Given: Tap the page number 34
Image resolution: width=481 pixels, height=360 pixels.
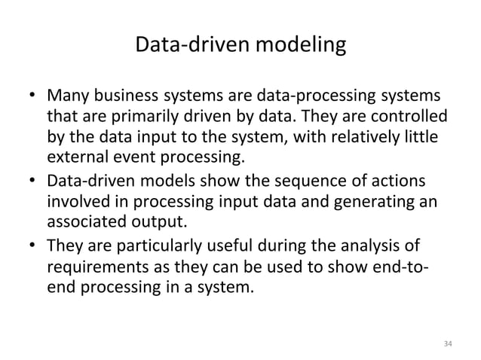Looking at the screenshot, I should point(447,343).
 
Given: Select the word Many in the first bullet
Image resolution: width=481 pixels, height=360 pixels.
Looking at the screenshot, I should point(66,99).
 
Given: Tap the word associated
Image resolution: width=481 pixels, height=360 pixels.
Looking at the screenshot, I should point(85,224).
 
